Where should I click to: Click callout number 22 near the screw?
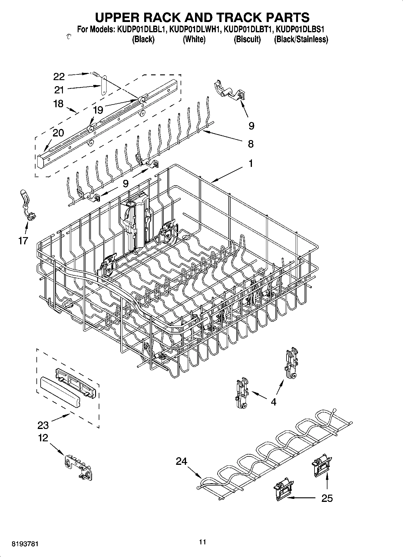[x=59, y=77]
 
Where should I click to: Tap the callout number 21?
[x=59, y=90]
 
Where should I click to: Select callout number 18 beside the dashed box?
[x=58, y=104]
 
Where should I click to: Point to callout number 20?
[x=58, y=133]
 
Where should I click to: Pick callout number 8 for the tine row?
[x=251, y=144]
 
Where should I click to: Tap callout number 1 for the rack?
[x=250, y=164]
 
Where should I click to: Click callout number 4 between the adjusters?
[x=273, y=402]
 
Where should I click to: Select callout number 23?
[x=43, y=425]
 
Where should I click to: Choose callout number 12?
[x=43, y=438]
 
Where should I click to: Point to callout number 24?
[x=181, y=461]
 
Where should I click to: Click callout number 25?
[x=327, y=498]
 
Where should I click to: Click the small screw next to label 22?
[x=95, y=74]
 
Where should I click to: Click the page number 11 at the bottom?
[x=203, y=542]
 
